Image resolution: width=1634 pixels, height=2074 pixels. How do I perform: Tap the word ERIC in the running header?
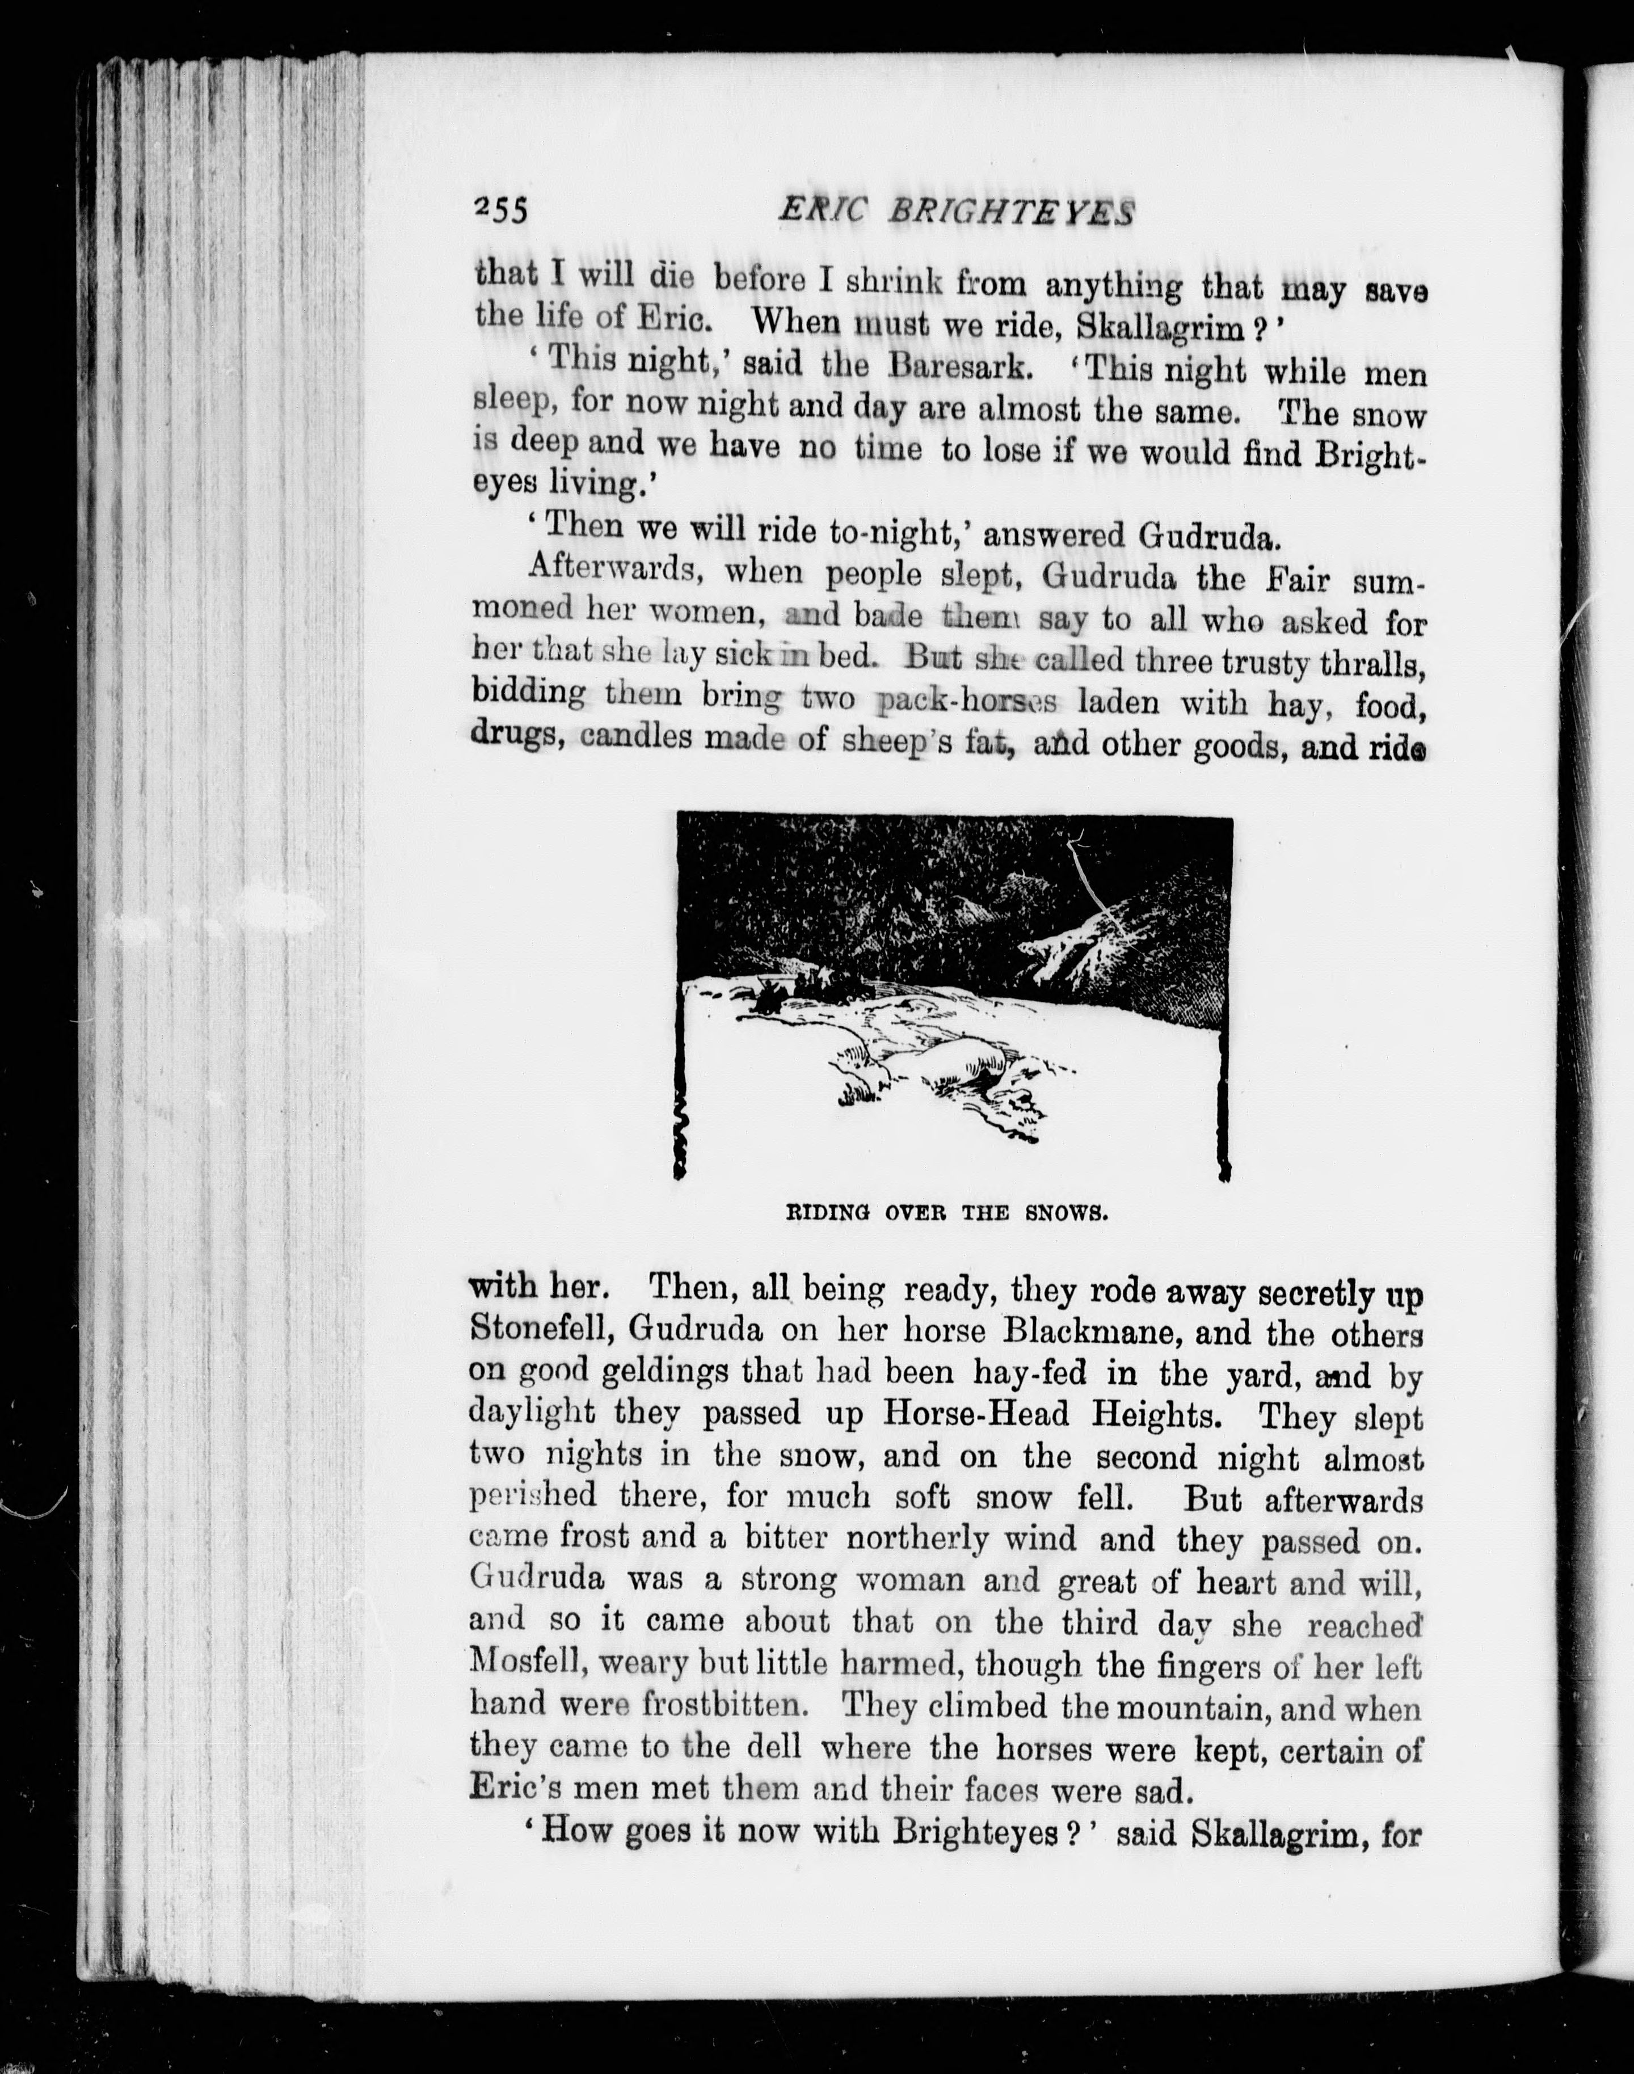[x=821, y=209]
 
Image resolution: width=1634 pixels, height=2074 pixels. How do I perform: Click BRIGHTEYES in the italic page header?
[x=1010, y=212]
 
